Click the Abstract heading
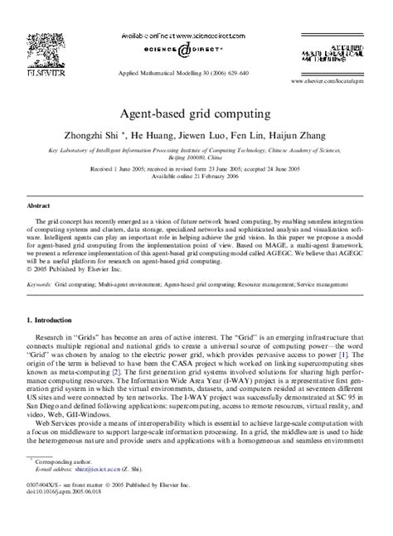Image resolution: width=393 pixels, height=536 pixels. [40, 205]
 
